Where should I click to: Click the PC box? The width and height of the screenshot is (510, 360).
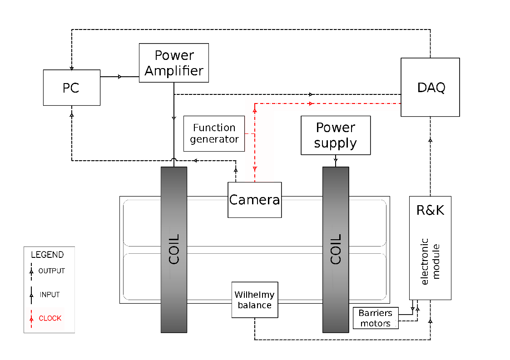(71, 88)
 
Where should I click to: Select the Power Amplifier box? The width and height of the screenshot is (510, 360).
(174, 63)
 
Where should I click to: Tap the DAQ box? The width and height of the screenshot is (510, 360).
(430, 87)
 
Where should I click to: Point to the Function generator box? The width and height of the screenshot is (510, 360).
(214, 133)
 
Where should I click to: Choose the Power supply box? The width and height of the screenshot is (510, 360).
(336, 135)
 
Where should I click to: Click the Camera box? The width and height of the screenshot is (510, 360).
(255, 200)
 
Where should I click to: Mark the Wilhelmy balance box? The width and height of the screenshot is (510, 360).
(255, 300)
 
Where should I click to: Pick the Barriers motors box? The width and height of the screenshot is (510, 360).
(375, 318)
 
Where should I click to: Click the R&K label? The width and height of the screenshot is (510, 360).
(430, 210)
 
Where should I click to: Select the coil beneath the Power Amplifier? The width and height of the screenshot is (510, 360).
(174, 250)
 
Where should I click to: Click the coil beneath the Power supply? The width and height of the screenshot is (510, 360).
(336, 250)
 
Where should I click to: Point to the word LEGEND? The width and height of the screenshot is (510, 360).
(47, 255)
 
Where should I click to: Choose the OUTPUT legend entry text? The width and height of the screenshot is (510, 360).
(52, 271)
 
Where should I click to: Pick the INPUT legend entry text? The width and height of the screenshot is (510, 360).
(50, 295)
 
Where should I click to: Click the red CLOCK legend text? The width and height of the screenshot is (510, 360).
(50, 318)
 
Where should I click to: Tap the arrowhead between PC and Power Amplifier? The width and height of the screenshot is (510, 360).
(120, 77)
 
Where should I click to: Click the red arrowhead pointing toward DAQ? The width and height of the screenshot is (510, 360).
(311, 104)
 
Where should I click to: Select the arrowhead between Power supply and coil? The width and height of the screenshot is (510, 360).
(336, 160)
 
